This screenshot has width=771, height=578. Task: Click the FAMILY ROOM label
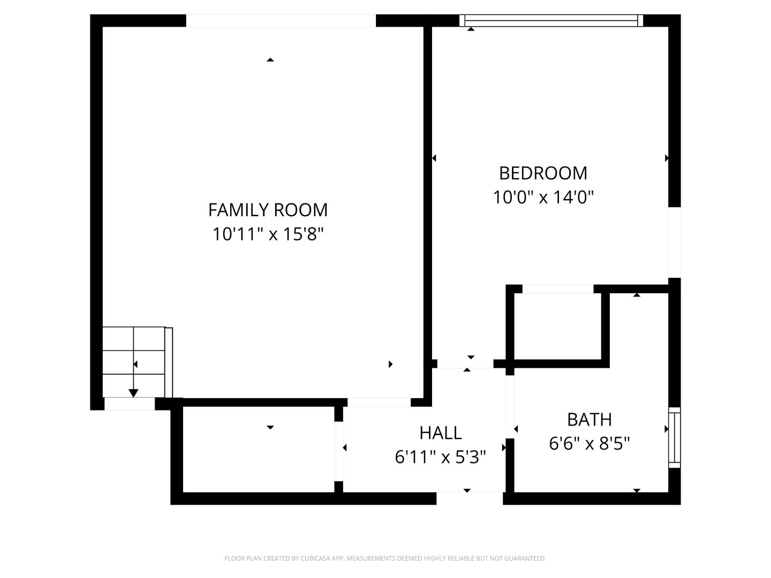(x=268, y=210)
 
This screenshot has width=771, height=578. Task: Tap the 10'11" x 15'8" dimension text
(x=268, y=234)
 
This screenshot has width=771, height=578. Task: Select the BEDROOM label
(x=543, y=173)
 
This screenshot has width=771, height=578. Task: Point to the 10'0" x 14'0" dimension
(x=543, y=197)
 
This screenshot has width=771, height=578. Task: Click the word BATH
(x=589, y=420)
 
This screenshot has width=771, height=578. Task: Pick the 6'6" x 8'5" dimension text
(x=589, y=444)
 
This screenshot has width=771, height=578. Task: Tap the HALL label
(x=440, y=432)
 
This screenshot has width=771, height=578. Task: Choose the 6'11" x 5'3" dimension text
(x=440, y=457)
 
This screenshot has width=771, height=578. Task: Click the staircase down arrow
(x=133, y=392)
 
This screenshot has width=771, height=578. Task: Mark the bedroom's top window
(x=551, y=21)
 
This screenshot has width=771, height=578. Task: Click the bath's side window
(x=675, y=437)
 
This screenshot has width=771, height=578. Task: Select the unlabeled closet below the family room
(x=259, y=455)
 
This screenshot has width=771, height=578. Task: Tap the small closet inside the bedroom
(x=558, y=326)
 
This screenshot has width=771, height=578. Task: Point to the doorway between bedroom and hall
(x=465, y=364)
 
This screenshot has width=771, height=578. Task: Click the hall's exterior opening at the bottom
(x=469, y=498)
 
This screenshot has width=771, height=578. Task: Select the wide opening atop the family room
(x=281, y=21)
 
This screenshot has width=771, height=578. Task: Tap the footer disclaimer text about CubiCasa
(x=385, y=558)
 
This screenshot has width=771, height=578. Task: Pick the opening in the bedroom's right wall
(x=674, y=242)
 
